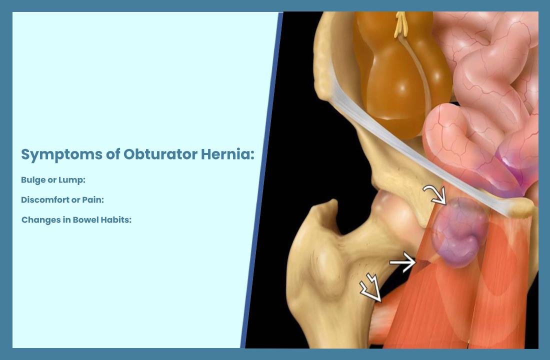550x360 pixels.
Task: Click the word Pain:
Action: (93, 200)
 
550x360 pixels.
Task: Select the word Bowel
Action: (85, 219)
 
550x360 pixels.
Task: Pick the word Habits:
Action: (116, 219)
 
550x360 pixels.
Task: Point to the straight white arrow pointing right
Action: (402, 262)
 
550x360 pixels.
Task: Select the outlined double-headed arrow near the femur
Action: (371, 287)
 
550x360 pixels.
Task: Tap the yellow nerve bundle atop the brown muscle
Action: (401, 24)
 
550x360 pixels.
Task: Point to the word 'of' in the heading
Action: (113, 154)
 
